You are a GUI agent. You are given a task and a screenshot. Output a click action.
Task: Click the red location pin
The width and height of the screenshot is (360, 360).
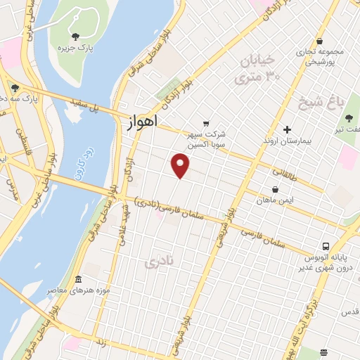pyautogui.click(x=181, y=165)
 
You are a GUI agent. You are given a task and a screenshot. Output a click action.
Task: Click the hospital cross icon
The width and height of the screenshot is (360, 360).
pyautogui.click(x=287, y=129)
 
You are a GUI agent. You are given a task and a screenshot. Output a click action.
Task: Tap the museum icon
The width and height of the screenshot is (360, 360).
pyautogui.click(x=77, y=278)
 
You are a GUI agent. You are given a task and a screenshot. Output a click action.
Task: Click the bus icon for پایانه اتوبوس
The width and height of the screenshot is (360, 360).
pyautogui.click(x=326, y=246)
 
